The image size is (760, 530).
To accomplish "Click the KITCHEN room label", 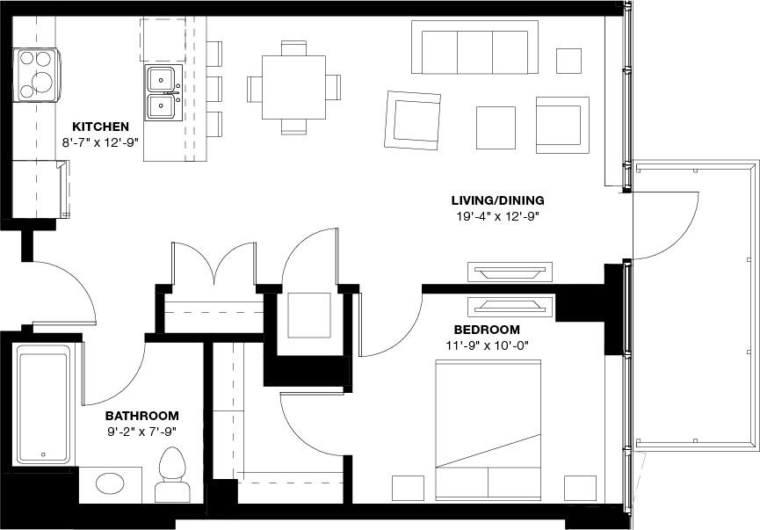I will pyautogui.click(x=100, y=127).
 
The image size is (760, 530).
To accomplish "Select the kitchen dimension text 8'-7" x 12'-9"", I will pyautogui.click(x=100, y=142).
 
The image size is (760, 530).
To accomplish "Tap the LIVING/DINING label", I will pyautogui.click(x=497, y=200).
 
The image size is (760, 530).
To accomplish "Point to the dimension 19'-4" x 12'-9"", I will pyautogui.click(x=497, y=215).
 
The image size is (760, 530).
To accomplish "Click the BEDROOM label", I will pyautogui.click(x=486, y=330).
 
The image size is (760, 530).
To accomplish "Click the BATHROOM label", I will pyautogui.click(x=141, y=416).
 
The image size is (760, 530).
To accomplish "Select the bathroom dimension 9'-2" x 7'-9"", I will pyautogui.click(x=141, y=432).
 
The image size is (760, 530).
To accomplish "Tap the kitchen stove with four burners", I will pyautogui.click(x=36, y=75).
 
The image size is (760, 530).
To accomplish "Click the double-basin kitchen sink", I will pyautogui.click(x=162, y=92).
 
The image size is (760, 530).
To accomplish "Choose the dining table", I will pyautogui.click(x=293, y=88).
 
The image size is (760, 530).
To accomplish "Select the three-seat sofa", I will pyautogui.click(x=474, y=48).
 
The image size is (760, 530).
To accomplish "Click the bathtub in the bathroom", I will pyautogui.click(x=43, y=403).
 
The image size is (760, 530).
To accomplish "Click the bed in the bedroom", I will pyautogui.click(x=489, y=429).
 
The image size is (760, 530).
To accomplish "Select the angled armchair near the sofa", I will pyautogui.click(x=412, y=120).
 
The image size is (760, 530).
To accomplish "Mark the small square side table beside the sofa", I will pyautogui.click(x=568, y=61).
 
